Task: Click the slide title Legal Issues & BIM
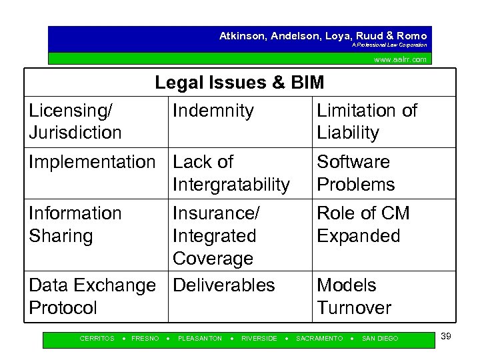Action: pos(239,83)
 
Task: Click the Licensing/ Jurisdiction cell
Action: pos(75,121)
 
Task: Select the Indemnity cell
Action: pos(213,111)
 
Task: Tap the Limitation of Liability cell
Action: pos(367,121)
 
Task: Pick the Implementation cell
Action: pos(91,162)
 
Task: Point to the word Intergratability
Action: pos(231,184)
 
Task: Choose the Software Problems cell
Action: pos(356,173)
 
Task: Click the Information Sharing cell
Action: pos(75,224)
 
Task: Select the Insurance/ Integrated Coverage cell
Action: pos(216,235)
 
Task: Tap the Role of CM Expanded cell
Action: pos(363,224)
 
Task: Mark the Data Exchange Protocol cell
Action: pos(91,296)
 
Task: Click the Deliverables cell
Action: pos(223,285)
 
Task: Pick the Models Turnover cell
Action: pos(353,296)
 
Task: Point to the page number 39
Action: pos(446,336)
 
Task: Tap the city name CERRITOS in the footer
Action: pos(97,339)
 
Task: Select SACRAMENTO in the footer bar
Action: pos(319,339)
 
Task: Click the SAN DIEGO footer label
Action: pos(379,339)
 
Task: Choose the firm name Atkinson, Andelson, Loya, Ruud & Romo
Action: pos(323,36)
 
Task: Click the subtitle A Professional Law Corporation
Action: pos(390,45)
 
